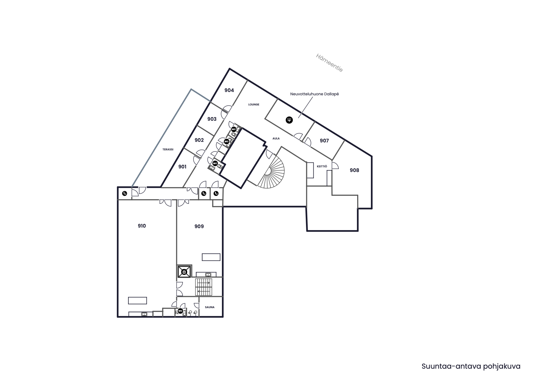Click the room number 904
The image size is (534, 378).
tap(229, 90)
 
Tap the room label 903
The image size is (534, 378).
tap(212, 119)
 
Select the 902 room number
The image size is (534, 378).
tap(199, 140)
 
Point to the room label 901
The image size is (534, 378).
tap(182, 167)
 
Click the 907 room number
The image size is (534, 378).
tap(324, 141)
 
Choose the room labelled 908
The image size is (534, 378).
tap(354, 170)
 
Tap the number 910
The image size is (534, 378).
tap(142, 226)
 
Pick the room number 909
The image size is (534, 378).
tap(199, 227)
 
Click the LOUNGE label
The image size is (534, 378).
tap(254, 105)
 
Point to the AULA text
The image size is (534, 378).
tap(276, 139)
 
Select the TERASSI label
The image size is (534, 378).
tap(168, 150)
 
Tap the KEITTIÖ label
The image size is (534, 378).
tap(322, 167)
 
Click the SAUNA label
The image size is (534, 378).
tap(210, 307)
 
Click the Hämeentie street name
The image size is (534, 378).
tap(329, 63)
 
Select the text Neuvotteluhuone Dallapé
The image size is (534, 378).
tap(314, 94)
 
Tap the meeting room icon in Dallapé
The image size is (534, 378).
tap(289, 120)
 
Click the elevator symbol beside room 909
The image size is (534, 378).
tap(184, 272)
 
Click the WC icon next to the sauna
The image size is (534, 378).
tap(180, 311)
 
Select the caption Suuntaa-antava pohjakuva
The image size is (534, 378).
tap(471, 366)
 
